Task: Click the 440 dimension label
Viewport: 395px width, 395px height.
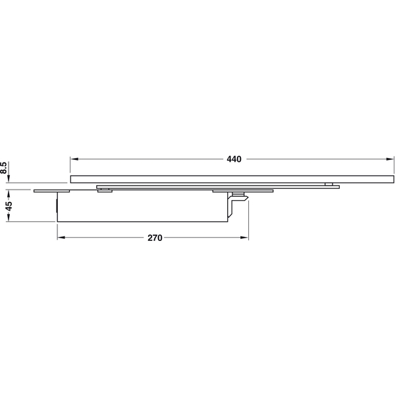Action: (234, 159)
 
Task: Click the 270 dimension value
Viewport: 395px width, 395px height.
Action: (155, 238)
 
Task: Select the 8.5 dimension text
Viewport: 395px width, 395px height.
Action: (3, 168)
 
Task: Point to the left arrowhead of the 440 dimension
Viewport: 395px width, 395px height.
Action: (74, 159)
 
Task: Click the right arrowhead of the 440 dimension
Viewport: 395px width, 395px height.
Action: (390, 159)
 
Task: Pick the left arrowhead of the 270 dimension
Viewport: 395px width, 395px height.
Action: (61, 238)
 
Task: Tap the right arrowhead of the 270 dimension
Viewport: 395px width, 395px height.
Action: (244, 238)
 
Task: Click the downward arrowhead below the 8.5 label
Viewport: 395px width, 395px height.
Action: (9, 178)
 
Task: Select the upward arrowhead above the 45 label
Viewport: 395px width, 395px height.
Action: (9, 194)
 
